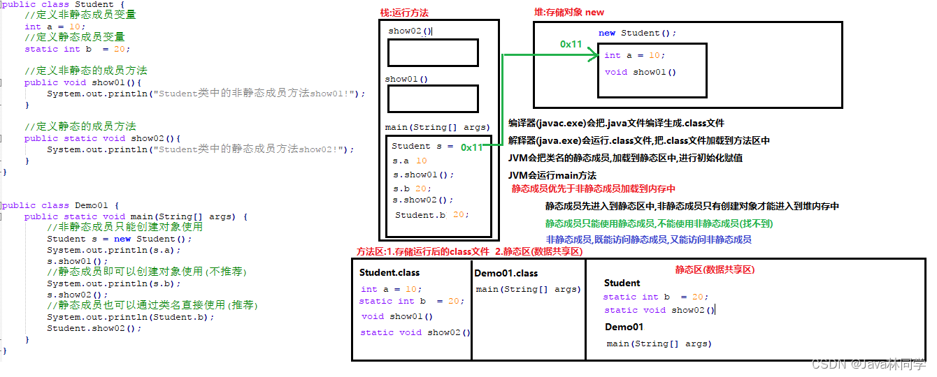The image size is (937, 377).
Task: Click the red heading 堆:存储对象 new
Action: click(x=568, y=12)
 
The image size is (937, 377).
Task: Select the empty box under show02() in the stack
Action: click(x=433, y=53)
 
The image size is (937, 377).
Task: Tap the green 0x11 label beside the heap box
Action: click(x=571, y=44)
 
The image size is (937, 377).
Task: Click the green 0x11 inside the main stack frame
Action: click(x=472, y=147)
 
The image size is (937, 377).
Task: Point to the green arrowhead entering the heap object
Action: click(x=594, y=53)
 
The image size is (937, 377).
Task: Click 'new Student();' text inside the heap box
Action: click(x=637, y=33)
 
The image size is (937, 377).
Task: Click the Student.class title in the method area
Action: click(x=389, y=272)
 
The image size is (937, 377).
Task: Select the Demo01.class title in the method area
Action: click(x=506, y=273)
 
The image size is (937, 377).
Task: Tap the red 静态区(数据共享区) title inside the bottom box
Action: click(x=715, y=269)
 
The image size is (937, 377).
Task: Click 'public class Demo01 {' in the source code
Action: click(x=61, y=205)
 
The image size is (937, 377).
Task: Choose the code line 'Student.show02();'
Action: click(x=94, y=328)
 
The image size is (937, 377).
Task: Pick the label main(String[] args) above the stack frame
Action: click(x=437, y=128)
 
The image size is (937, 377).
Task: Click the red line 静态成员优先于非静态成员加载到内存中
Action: click(x=593, y=188)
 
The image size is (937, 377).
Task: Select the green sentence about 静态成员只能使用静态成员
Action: click(x=659, y=223)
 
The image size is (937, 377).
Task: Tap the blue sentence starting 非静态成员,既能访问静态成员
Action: click(x=648, y=239)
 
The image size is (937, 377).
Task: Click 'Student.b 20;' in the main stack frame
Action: click(x=432, y=215)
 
